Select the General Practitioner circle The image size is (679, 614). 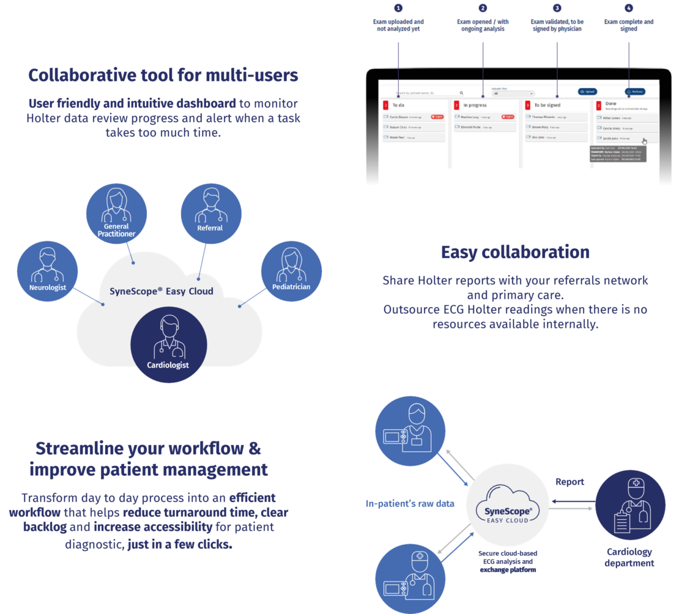click(x=116, y=212)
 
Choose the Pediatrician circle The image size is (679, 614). click(x=291, y=272)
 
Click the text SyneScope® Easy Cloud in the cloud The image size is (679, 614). click(x=161, y=291)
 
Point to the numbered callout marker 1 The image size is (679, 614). click(x=398, y=8)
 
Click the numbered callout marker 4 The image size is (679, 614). click(x=628, y=8)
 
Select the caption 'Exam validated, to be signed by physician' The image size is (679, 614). click(x=557, y=25)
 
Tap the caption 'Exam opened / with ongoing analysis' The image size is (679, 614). click(x=482, y=25)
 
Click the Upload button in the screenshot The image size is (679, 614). click(x=587, y=92)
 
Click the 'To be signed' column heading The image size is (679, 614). click(x=547, y=105)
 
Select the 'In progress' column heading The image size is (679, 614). click(x=475, y=105)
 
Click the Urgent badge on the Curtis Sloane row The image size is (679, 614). click(x=437, y=116)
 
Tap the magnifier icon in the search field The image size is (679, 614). click(x=461, y=93)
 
